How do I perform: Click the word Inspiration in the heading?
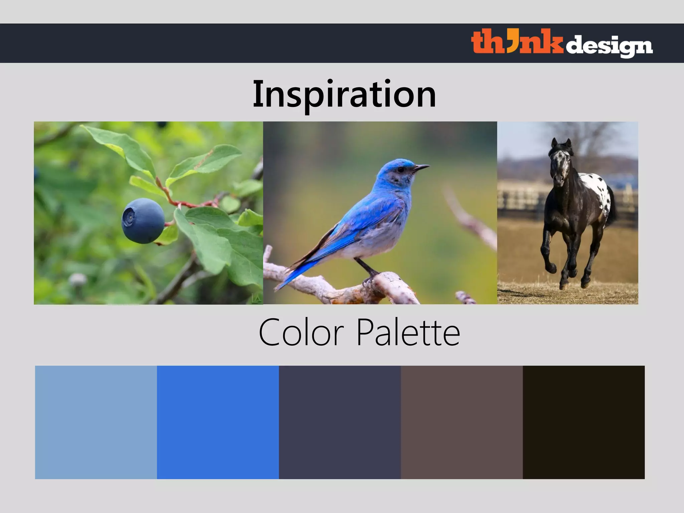[x=344, y=95]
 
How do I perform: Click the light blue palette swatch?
[x=96, y=422]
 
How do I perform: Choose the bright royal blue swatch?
[x=218, y=422]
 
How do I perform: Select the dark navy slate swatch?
[x=340, y=422]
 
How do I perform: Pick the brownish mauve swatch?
[x=462, y=422]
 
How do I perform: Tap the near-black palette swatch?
[x=583, y=422]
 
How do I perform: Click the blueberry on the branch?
[x=143, y=221]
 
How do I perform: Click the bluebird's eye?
[x=401, y=170]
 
